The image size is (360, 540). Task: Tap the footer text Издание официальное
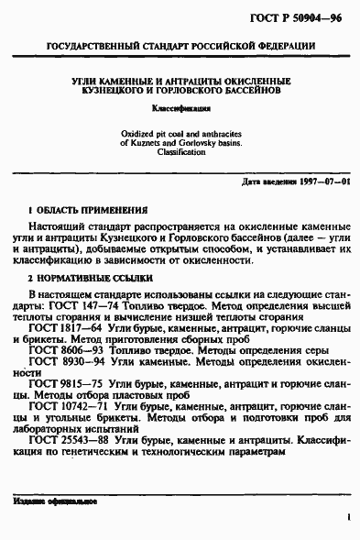click(55, 502)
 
